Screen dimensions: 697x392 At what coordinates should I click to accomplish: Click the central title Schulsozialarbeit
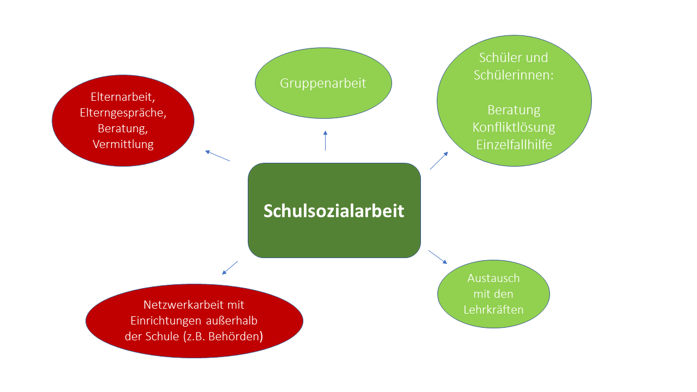coord(334,211)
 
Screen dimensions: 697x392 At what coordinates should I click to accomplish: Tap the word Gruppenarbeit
coord(323,84)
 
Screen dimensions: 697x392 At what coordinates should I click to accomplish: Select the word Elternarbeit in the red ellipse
coord(121,97)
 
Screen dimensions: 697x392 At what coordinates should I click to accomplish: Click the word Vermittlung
coord(123,145)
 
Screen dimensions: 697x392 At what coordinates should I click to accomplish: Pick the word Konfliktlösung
coord(513,128)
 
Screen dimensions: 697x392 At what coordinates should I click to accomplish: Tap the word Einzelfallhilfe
coord(513,145)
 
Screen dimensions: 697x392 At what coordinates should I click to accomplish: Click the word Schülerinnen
coord(512,75)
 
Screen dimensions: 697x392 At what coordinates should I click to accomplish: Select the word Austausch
coord(493,278)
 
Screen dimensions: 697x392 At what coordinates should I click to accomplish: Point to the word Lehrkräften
coord(493,310)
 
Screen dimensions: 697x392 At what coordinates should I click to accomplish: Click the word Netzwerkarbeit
coord(184,305)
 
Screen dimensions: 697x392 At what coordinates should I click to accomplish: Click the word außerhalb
coord(231,321)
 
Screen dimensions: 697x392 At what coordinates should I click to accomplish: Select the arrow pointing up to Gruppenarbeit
coord(326,140)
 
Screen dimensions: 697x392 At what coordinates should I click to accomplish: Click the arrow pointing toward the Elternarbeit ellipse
coord(217,156)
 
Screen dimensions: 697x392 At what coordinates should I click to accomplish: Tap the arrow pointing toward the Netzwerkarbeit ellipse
coord(230,268)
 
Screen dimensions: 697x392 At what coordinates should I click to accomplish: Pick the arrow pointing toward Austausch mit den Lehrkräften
coord(438,257)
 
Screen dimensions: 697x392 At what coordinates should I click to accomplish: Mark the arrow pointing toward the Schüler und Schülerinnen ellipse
coord(439,161)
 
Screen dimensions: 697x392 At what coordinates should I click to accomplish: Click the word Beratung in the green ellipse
coord(513,111)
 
